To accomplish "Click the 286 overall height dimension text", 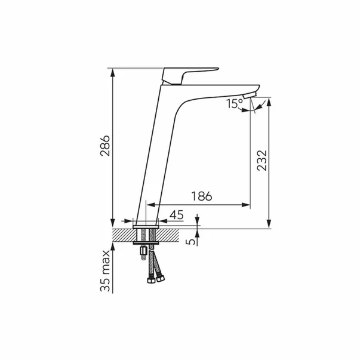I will tap(105, 146).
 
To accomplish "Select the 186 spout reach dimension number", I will tap(202, 196).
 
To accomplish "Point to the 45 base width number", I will tap(177, 215).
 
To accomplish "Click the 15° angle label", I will tap(234, 104).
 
